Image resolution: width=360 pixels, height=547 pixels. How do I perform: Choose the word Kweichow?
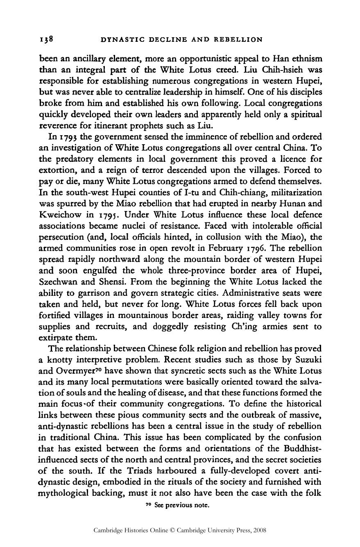(59, 215)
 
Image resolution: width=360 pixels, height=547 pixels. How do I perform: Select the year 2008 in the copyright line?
(260, 530)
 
